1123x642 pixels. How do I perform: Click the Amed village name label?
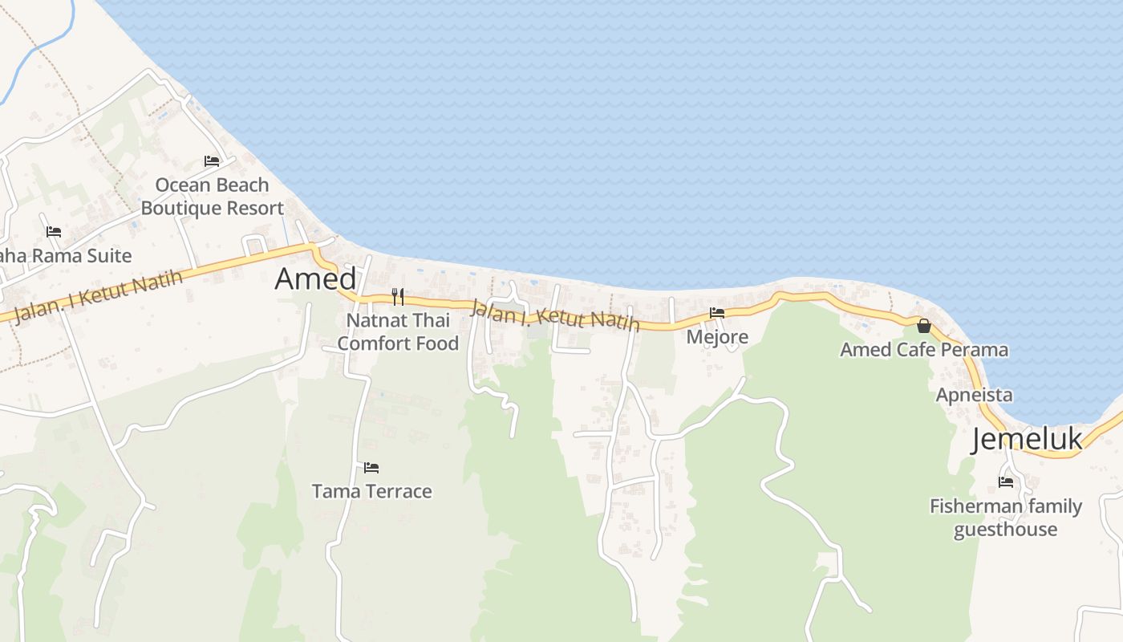click(315, 279)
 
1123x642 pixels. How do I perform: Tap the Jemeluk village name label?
click(1027, 440)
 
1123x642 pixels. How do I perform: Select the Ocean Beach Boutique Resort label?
click(212, 197)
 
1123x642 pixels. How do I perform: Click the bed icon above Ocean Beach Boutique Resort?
click(212, 161)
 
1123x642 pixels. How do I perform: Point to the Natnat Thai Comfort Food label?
click(398, 332)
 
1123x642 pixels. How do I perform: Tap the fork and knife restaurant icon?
click(398, 297)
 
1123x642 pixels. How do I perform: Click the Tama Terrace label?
click(371, 491)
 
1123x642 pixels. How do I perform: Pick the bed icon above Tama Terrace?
click(371, 467)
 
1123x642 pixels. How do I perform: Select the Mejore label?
click(717, 337)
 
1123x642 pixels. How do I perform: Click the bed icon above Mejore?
click(717, 313)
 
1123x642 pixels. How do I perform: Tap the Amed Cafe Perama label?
click(924, 350)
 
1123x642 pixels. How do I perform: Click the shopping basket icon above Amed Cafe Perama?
click(924, 326)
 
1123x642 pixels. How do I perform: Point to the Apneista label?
click(974, 395)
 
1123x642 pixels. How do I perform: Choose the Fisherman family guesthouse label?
click(1005, 518)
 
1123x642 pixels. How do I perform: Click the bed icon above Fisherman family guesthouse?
click(1006, 482)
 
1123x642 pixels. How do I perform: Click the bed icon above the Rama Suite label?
click(54, 232)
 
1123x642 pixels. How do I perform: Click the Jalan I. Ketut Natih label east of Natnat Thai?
click(555, 315)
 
